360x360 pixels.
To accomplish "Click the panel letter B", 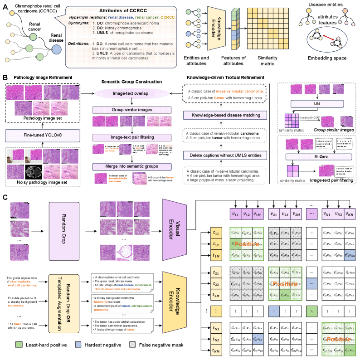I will click(x=5, y=78).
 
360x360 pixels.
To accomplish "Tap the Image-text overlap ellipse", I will click(x=131, y=93).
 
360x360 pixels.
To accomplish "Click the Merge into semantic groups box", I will click(x=131, y=166).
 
